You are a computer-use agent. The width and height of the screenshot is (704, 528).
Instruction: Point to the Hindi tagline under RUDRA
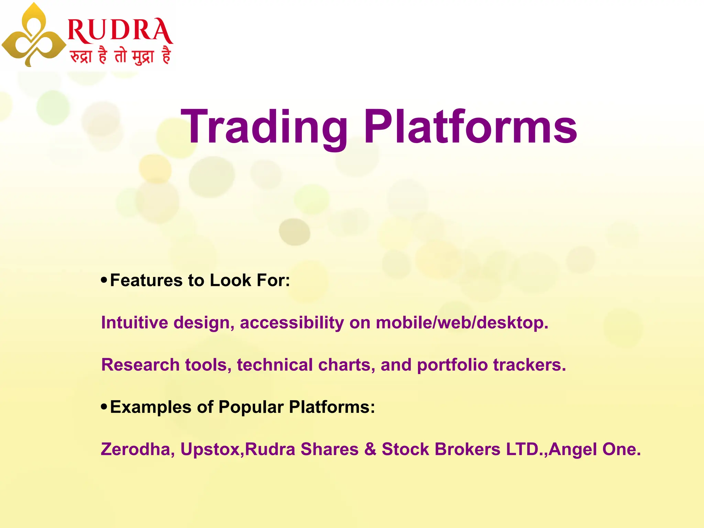(120, 56)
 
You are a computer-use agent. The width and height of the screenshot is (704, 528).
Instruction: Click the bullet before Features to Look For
(104, 280)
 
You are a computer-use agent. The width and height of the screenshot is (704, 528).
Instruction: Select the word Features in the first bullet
(146, 280)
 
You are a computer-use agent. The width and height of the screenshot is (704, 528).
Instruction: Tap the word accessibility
(291, 322)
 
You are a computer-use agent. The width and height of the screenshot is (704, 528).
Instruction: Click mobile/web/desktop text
(461, 322)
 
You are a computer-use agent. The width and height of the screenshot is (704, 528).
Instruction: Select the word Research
(140, 365)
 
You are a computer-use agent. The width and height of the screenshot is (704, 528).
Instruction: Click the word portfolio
(452, 365)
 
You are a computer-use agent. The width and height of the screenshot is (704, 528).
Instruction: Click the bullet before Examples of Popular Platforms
(104, 407)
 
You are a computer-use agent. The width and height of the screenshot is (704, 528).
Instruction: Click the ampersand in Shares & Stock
(370, 449)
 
